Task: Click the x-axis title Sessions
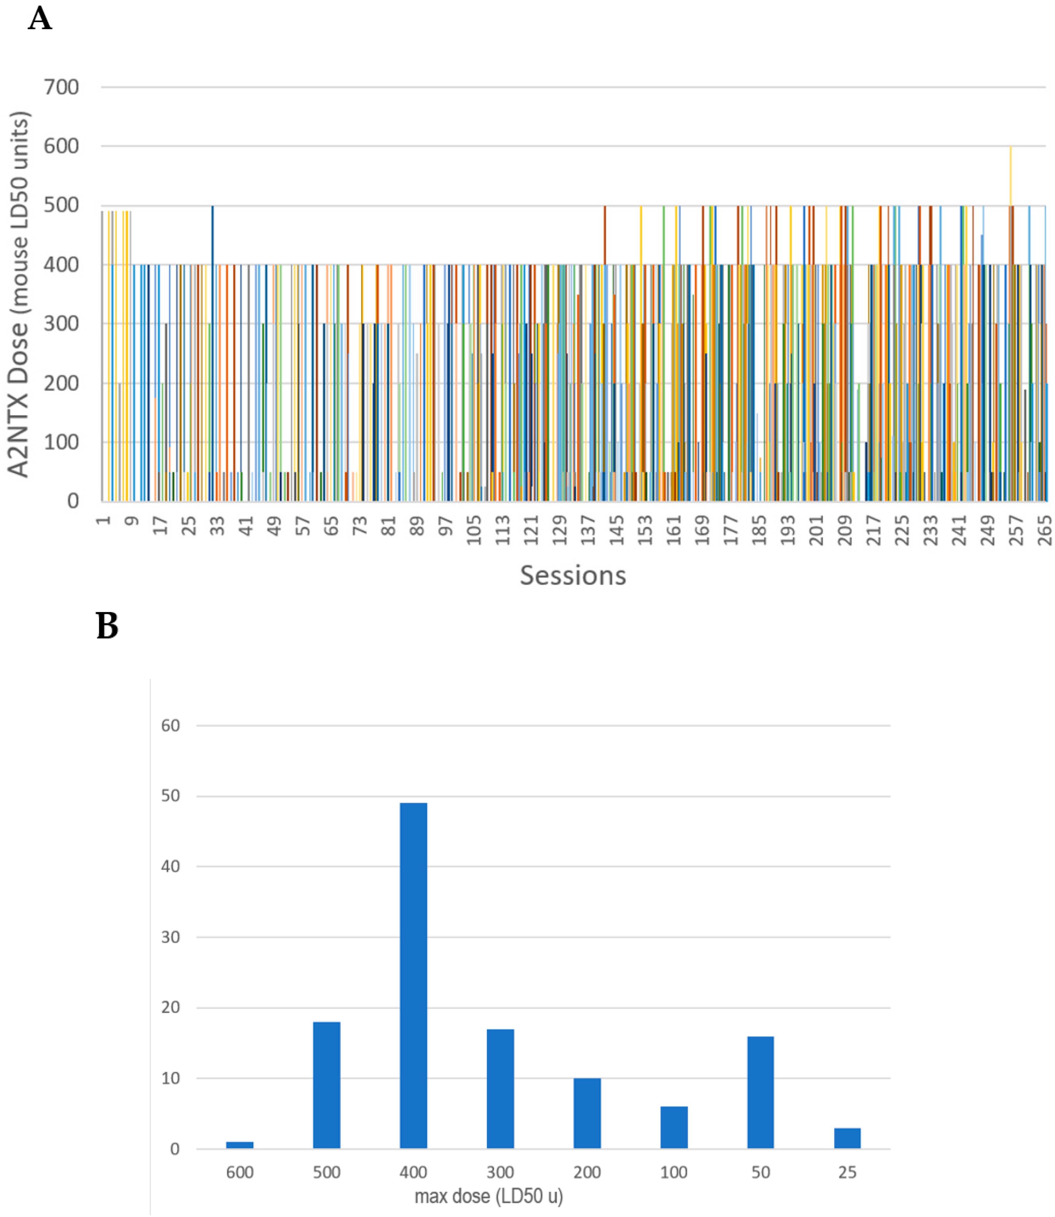click(572, 575)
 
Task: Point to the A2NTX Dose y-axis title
click(18, 294)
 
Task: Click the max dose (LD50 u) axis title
click(489, 1196)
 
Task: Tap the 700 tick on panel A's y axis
click(61, 87)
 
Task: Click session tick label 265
click(1044, 529)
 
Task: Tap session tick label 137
click(588, 529)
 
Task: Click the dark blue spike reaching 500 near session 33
click(213, 236)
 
